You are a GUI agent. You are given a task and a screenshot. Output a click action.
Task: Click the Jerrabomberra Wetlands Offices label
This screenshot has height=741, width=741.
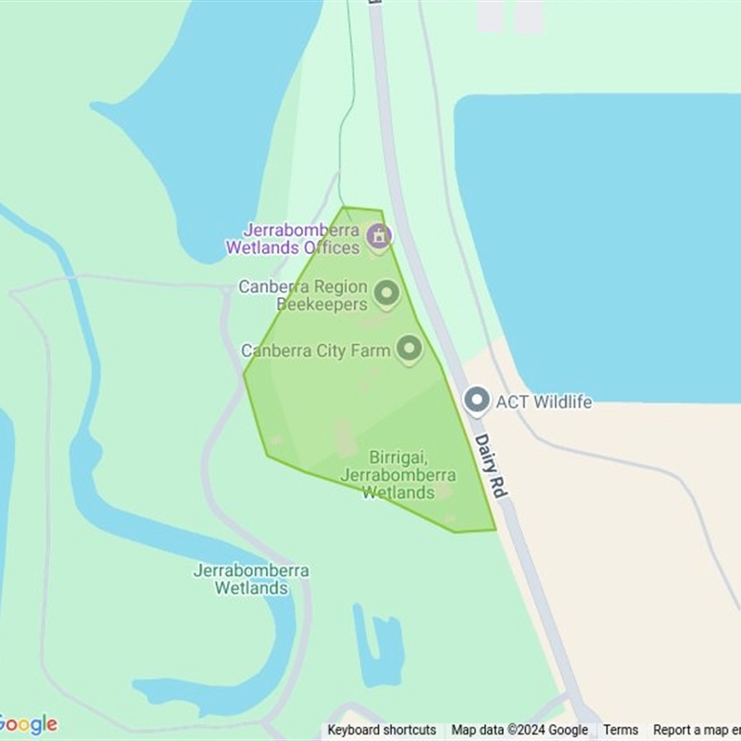[x=293, y=239]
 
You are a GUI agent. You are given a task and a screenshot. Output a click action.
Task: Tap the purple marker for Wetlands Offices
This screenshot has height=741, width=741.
[x=378, y=237]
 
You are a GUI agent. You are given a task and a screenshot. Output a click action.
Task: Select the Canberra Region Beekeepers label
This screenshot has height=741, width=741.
[x=303, y=295]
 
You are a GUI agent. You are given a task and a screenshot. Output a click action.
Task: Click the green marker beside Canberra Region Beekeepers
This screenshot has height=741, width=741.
[x=386, y=294]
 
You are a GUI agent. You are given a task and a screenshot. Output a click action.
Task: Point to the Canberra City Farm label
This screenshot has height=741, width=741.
[x=315, y=351]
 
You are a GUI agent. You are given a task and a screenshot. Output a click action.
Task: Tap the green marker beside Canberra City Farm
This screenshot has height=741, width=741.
[x=408, y=349]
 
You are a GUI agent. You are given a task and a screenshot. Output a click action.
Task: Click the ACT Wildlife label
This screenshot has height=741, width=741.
[x=544, y=402]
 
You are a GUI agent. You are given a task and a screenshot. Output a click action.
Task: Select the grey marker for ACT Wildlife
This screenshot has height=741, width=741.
[x=477, y=400]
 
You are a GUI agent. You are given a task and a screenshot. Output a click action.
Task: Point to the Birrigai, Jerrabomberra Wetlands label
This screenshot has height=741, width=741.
[x=398, y=475]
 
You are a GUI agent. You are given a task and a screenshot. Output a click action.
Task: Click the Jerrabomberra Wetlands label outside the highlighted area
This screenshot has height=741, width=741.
[x=250, y=579]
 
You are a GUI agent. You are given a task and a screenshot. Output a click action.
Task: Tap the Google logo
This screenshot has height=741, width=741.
[x=28, y=724]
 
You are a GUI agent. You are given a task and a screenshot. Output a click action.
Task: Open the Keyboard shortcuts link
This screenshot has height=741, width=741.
[x=382, y=730]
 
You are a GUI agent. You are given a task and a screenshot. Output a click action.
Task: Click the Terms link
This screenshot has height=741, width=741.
[x=621, y=730]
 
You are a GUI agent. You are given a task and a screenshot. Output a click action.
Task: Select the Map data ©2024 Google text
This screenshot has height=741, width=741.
[x=520, y=730]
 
